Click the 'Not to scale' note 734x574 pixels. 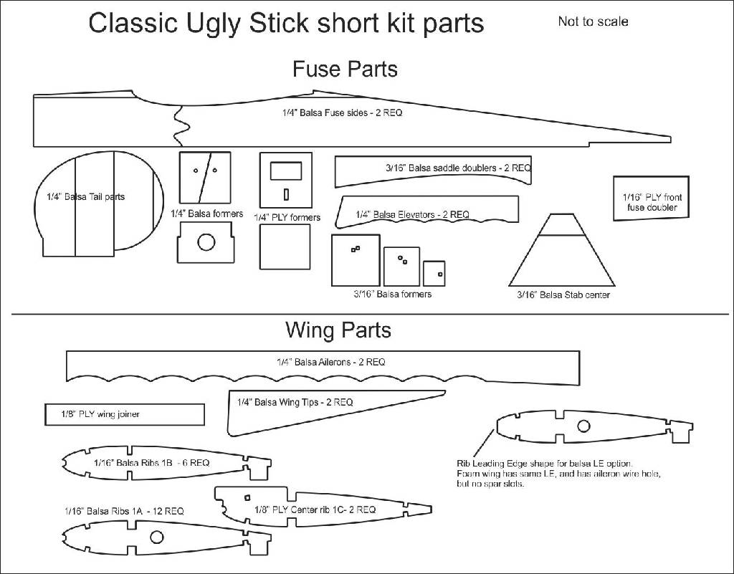point(593,21)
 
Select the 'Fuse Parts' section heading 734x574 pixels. point(345,70)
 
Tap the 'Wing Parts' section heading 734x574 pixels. point(338,330)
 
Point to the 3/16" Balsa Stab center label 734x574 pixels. point(563,295)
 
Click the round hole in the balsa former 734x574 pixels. point(206,242)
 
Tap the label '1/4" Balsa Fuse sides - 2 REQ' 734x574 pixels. point(342,113)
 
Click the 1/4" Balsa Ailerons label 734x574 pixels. point(330,363)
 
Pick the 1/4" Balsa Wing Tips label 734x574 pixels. point(295,403)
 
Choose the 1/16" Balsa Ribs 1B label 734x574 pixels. point(151,463)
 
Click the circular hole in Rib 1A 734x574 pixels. point(156,537)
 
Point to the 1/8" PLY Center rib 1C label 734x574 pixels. point(315,510)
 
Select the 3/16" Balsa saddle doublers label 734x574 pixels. point(458,168)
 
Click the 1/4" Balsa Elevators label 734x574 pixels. point(412,214)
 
